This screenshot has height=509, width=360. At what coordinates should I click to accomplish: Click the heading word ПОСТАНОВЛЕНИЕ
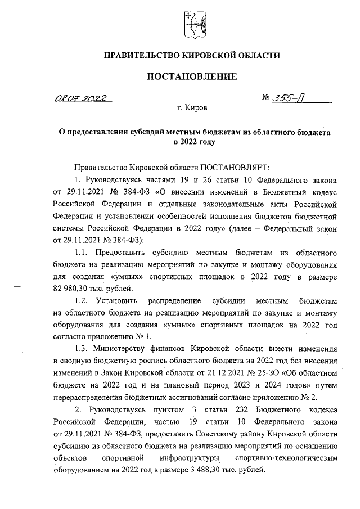coord(192,76)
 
